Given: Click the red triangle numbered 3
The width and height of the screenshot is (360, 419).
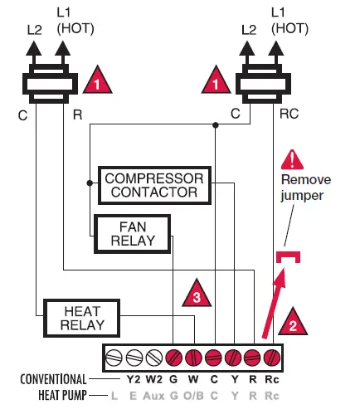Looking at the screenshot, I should tap(192, 293).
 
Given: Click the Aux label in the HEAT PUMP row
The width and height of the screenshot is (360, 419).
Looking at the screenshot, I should tap(153, 396).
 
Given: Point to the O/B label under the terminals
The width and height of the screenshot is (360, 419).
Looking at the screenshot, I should tap(193, 396).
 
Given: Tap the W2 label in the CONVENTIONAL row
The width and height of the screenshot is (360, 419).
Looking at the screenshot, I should tap(153, 380).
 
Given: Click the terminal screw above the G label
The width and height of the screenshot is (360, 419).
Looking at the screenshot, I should tap(173, 359).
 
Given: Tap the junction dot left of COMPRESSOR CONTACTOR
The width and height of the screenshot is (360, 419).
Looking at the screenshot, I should tap(89, 179).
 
